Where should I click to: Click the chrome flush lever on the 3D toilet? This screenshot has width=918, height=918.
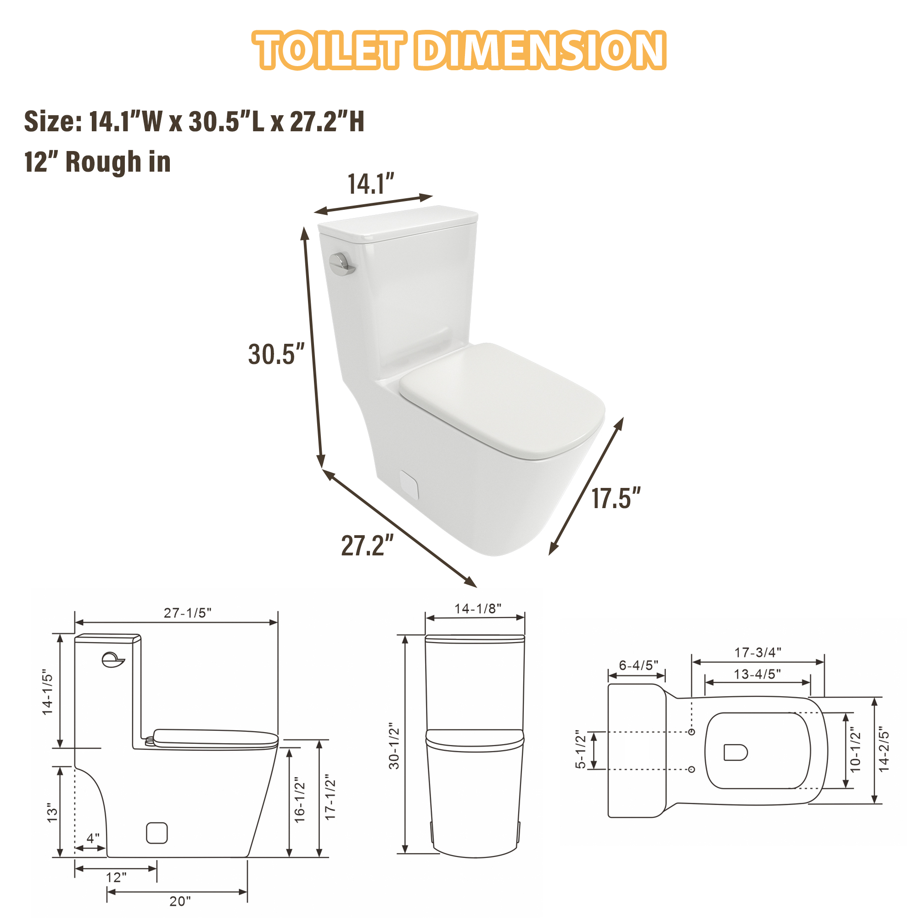point(341,264)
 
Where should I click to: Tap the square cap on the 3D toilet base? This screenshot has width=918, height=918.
point(409,485)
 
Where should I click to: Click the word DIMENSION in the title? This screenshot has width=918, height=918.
point(542,50)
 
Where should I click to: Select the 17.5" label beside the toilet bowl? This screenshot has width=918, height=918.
point(616,498)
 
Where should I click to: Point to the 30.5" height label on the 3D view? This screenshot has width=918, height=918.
point(276,354)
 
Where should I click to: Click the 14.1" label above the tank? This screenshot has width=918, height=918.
point(371,185)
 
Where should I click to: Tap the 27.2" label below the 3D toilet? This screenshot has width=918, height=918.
point(367,545)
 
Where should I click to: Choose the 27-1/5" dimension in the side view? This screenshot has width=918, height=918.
point(187,613)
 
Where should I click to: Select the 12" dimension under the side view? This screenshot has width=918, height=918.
point(116,877)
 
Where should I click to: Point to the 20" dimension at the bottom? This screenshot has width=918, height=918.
point(180,901)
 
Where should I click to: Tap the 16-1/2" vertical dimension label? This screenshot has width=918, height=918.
point(299,800)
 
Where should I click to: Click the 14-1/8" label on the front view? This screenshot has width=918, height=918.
point(477,609)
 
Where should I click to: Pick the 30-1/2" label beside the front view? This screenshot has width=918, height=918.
point(394,746)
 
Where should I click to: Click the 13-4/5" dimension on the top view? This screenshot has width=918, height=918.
point(757,674)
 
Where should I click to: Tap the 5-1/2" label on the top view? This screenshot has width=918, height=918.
point(581,750)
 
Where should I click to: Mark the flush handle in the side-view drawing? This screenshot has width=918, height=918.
point(112,660)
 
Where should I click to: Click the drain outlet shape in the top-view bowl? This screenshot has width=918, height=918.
point(735,752)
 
